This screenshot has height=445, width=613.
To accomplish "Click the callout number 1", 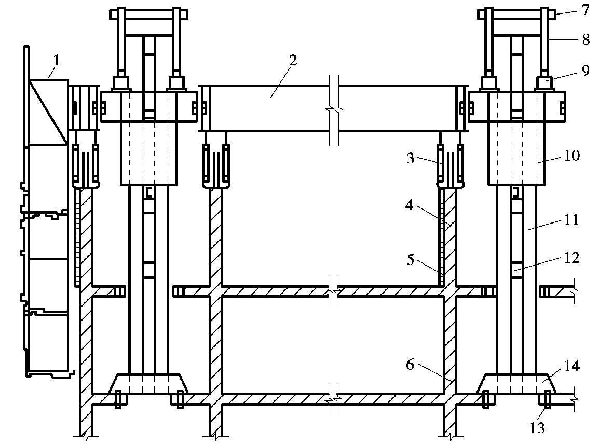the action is pyautogui.click(x=57, y=61).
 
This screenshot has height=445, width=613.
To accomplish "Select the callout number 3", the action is pyautogui.click(x=411, y=159).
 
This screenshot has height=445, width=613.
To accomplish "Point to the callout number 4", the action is pyautogui.click(x=410, y=205).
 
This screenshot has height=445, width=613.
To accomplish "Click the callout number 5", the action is pyautogui.click(x=410, y=259).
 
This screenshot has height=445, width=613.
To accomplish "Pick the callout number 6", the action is pyautogui.click(x=410, y=365).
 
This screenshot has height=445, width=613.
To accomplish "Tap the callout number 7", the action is pyautogui.click(x=585, y=10).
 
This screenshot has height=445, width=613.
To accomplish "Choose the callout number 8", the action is pyautogui.click(x=585, y=39).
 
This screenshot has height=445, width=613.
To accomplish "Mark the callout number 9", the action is pyautogui.click(x=585, y=71).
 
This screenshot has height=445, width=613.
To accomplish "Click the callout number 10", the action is pyautogui.click(x=573, y=156).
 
